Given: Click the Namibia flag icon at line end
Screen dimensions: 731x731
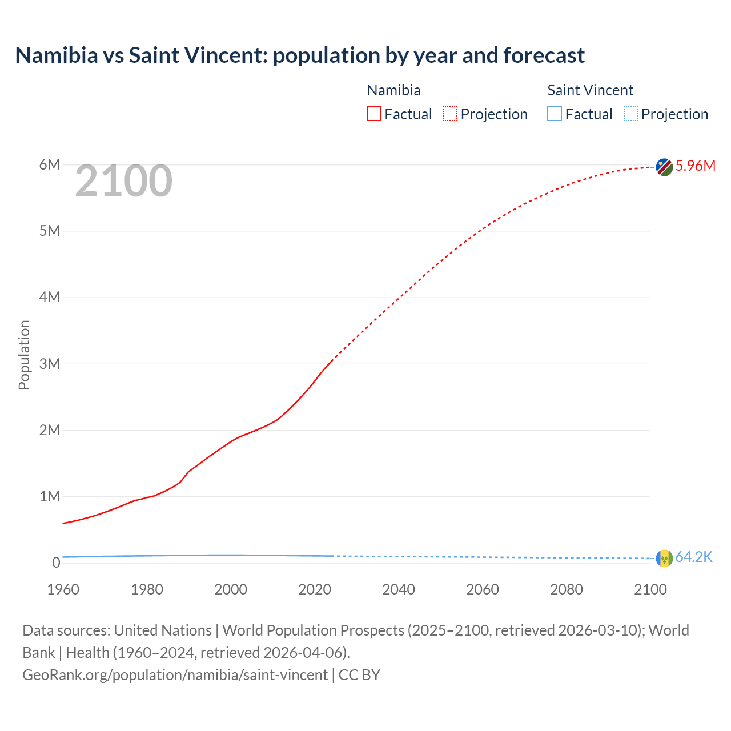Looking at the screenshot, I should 664,167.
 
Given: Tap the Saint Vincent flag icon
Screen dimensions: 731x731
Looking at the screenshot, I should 664,558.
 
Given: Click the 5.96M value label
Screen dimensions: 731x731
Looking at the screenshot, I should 696,166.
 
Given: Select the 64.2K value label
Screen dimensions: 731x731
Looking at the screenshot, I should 694,557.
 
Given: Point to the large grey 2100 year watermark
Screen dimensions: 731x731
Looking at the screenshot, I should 123,181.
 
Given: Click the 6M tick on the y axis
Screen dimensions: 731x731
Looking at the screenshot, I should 50,165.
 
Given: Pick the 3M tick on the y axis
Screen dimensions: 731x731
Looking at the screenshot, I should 50,364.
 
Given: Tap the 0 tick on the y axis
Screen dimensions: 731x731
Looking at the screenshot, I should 56,563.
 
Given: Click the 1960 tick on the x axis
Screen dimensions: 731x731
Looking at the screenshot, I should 63,589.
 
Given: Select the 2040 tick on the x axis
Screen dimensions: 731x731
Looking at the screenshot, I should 399,589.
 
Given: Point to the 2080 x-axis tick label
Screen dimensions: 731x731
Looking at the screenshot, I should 567,589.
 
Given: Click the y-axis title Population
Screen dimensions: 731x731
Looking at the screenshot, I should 24,355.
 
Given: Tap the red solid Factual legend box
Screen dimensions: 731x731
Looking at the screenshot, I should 374,114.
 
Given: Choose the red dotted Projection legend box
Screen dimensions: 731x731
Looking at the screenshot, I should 450,114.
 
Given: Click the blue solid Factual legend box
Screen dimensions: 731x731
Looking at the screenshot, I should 555,114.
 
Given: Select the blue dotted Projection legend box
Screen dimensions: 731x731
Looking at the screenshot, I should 630,114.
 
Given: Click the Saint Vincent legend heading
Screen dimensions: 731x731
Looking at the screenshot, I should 590,90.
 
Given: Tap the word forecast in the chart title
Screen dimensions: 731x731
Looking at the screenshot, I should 544,55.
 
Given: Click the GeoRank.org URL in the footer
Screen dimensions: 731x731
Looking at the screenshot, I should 175,675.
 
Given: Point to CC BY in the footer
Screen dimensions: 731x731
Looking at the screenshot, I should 359,675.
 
